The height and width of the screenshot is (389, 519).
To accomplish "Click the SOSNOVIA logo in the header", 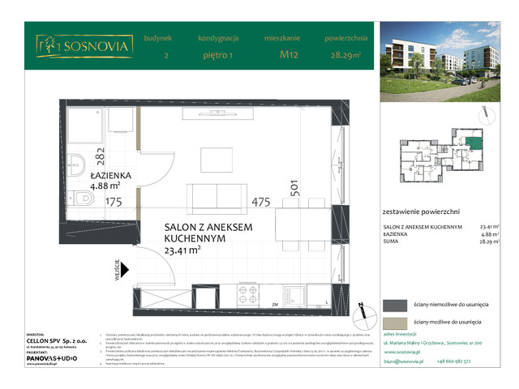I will [x=84, y=47].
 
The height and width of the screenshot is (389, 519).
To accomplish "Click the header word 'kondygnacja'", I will [x=217, y=37].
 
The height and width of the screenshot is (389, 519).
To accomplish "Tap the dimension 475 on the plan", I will [x=261, y=203].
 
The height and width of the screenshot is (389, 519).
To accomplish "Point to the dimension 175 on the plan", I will [x=113, y=203].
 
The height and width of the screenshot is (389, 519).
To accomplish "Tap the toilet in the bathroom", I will [x=79, y=195].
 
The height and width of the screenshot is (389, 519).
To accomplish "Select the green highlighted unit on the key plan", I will [x=471, y=144].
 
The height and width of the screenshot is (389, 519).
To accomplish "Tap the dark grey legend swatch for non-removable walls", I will [x=396, y=305].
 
